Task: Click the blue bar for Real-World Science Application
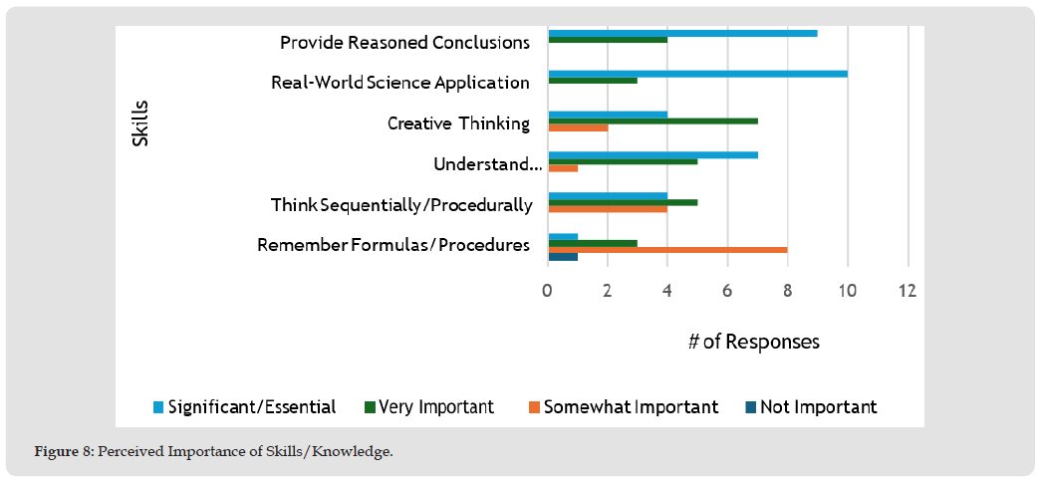click(x=697, y=73)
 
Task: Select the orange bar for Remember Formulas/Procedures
click(x=667, y=248)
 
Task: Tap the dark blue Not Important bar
click(x=563, y=256)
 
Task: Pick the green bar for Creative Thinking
click(x=652, y=120)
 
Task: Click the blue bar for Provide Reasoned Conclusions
click(x=682, y=33)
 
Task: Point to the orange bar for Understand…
click(x=563, y=168)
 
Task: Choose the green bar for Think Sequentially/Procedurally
click(x=623, y=201)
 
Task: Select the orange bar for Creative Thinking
click(x=578, y=128)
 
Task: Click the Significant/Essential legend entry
click(x=244, y=406)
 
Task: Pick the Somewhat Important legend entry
click(x=622, y=406)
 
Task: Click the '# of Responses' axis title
click(x=754, y=342)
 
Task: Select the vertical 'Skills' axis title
click(x=140, y=122)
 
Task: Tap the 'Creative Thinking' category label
click(x=458, y=123)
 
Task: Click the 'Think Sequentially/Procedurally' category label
click(x=401, y=205)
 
